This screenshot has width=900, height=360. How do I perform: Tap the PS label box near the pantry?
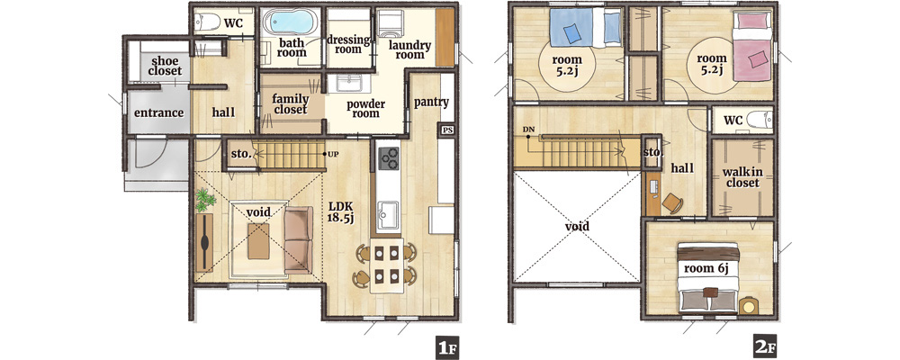point(447,130)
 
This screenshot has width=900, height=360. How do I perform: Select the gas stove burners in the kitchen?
point(389,157)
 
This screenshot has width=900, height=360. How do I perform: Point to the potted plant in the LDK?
point(205,200)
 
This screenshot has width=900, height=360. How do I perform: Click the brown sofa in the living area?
point(299,239)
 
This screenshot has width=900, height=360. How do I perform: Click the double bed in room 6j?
point(707,277)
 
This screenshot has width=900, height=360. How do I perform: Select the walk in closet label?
point(742,177)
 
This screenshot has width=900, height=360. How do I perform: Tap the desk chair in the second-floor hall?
point(672,202)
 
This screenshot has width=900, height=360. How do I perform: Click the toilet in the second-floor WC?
point(760,121)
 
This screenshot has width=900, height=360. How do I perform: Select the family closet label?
point(291,103)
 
